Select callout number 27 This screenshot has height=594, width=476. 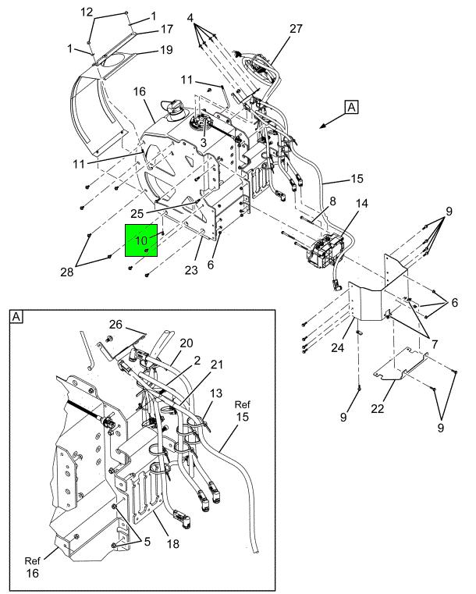[x=296, y=29]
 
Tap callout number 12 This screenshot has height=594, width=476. [x=87, y=12]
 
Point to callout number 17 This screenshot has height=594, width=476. [x=166, y=30]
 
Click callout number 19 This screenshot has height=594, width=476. [x=166, y=51]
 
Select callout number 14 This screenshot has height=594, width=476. [x=361, y=204]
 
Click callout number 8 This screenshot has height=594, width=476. [x=332, y=201]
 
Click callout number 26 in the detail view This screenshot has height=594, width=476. [x=116, y=325]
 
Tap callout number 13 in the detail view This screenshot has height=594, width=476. [x=216, y=393]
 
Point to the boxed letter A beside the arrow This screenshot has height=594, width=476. [x=351, y=108]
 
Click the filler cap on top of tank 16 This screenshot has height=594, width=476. [x=172, y=106]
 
